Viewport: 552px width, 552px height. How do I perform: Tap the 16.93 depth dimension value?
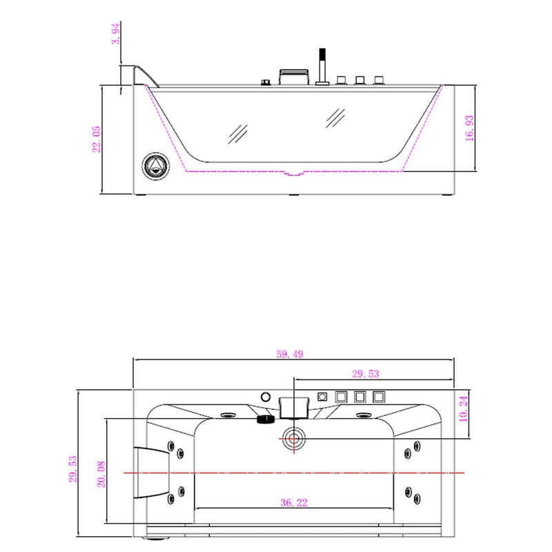[470, 128]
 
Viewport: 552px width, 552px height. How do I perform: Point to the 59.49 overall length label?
[290, 354]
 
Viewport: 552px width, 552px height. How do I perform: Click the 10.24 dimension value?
[463, 408]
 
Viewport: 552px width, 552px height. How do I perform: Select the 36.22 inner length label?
[295, 502]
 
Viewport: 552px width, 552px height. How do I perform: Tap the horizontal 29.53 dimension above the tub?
[366, 374]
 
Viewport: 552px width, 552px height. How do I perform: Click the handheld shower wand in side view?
[321, 66]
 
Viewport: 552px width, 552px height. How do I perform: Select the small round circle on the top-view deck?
[266, 397]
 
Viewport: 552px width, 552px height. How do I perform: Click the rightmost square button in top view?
[378, 397]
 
